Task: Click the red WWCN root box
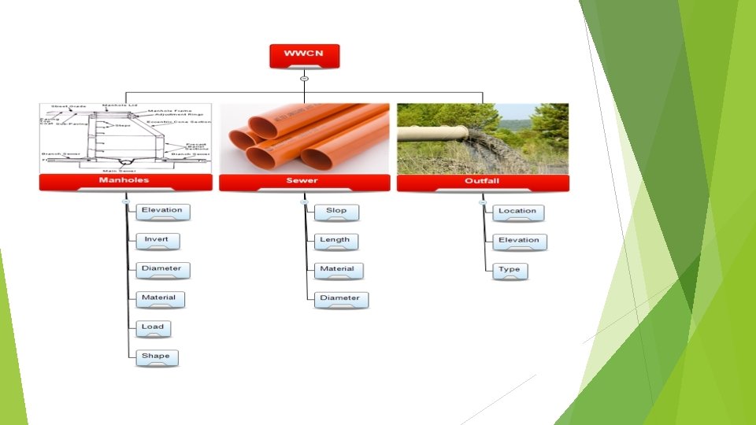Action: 304,55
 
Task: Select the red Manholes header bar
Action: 125,182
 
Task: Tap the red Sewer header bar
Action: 304,182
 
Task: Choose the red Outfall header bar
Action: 482,182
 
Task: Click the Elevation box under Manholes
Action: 163,211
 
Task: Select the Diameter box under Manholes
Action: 163,269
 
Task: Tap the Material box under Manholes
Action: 160,298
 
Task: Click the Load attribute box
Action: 154,327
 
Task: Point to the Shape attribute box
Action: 156,357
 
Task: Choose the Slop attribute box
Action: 336,212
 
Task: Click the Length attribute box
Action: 335,240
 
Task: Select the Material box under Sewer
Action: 338,270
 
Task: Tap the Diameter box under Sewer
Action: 340,299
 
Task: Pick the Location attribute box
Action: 517,212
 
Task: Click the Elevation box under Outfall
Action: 519,241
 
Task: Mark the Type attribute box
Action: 510,271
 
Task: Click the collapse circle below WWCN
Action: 304,78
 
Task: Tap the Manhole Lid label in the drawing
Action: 120,105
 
